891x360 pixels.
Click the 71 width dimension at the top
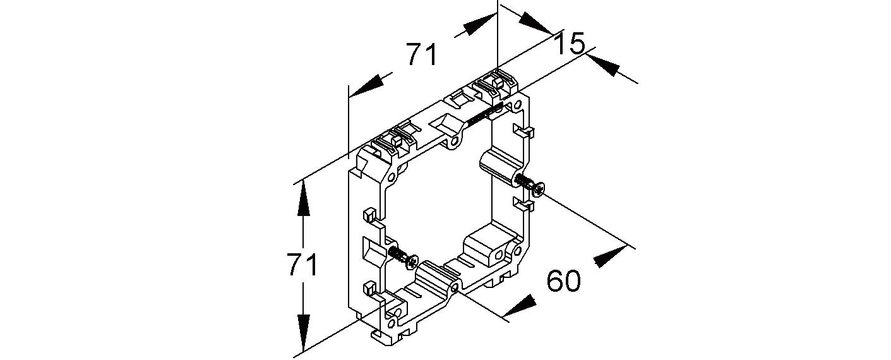[421, 55]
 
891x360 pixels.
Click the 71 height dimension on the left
[302, 265]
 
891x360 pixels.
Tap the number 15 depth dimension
[570, 44]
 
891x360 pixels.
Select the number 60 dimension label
[563, 281]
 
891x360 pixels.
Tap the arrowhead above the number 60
[609, 256]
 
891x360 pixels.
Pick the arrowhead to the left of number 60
[519, 307]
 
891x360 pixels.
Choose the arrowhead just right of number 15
[602, 64]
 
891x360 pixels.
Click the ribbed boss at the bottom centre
[436, 277]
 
